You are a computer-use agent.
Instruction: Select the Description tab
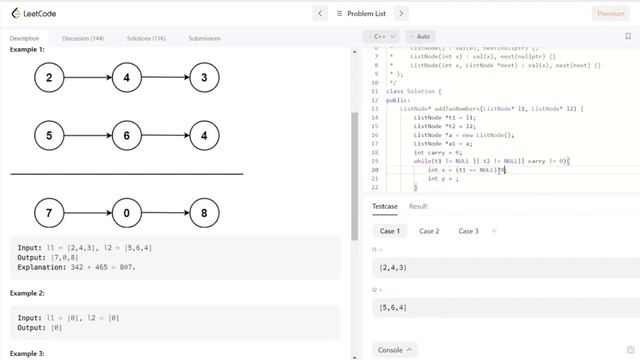tap(24, 38)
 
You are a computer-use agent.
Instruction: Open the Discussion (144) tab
tap(83, 38)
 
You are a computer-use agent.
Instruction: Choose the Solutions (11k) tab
tap(146, 38)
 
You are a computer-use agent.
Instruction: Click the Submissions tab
tap(204, 38)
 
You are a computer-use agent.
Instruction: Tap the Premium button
tap(610, 13)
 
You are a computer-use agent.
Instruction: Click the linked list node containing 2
tap(49, 77)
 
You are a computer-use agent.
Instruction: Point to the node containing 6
tap(127, 134)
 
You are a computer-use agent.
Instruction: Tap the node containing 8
tap(204, 212)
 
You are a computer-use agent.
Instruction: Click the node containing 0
tap(127, 212)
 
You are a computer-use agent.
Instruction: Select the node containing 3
tap(204, 77)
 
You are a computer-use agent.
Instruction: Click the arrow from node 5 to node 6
tap(88, 134)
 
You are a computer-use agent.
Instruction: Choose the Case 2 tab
tap(429, 231)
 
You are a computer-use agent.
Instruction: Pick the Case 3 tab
tap(467, 231)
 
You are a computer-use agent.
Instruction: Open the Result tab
tap(418, 206)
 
